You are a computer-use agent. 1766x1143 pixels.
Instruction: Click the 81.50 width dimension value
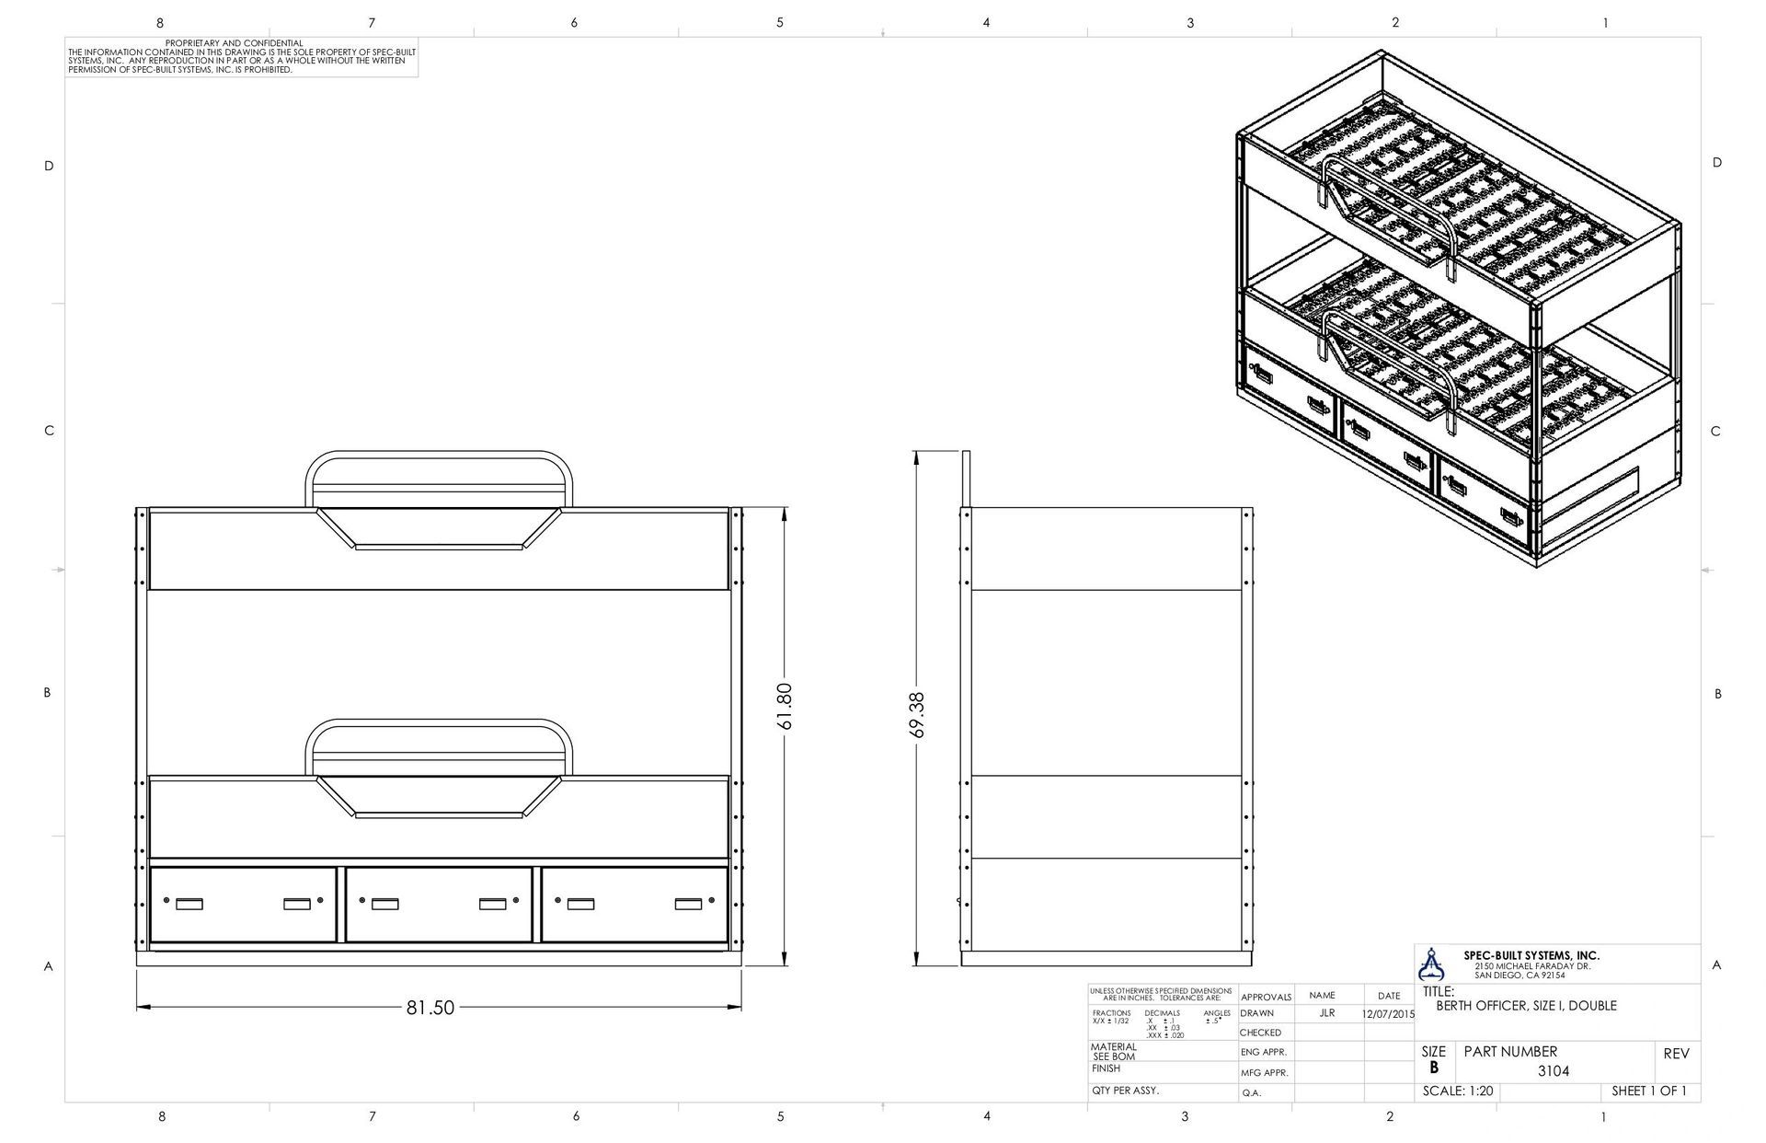(430, 1008)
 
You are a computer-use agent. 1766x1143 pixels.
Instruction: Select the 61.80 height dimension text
(785, 706)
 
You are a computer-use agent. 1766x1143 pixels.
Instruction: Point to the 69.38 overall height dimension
(916, 715)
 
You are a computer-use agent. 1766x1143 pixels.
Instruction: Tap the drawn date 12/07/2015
(1388, 1013)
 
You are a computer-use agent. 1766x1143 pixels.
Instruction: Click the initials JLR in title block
(1326, 1012)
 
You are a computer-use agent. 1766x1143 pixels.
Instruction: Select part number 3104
(1554, 1071)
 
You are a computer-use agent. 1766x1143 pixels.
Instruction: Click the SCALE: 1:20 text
(1458, 1091)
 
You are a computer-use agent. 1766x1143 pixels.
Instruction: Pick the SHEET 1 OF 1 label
(1649, 1091)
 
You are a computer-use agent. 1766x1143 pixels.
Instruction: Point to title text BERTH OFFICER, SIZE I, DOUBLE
(1526, 1006)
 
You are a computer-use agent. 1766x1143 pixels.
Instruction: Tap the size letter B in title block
(1433, 1068)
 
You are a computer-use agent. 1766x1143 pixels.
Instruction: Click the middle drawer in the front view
(439, 904)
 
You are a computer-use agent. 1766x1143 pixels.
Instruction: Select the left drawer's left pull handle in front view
(189, 904)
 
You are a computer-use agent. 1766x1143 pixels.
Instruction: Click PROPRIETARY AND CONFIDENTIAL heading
(234, 43)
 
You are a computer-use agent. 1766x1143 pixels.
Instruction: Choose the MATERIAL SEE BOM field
(1114, 1052)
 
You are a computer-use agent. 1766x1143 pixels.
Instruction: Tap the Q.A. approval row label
(1251, 1093)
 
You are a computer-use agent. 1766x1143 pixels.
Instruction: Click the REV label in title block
(1676, 1054)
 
